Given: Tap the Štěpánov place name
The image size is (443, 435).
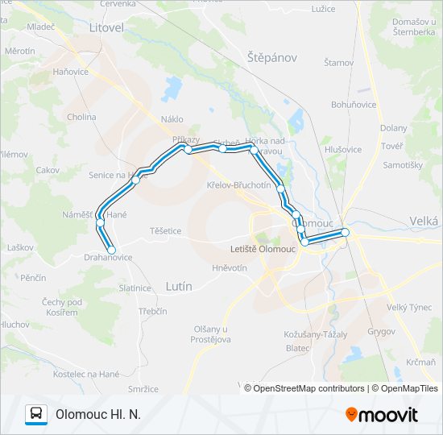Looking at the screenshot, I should (273, 58).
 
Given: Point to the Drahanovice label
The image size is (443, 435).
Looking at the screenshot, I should (108, 258).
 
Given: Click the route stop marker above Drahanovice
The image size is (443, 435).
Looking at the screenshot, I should (111, 248).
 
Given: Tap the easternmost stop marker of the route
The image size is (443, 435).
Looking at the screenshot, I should (346, 232).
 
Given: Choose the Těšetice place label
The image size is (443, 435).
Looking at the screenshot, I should (165, 230).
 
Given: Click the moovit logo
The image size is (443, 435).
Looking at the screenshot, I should (382, 414).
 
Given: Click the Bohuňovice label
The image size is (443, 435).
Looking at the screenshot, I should (354, 105).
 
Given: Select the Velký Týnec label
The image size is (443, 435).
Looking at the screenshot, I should (409, 306).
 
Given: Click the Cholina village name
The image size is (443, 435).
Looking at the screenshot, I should (81, 117).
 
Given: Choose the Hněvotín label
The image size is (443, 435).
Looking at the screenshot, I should (230, 268).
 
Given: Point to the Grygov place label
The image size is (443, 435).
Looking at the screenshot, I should (381, 331).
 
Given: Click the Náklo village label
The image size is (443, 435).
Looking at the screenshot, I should (172, 119).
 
